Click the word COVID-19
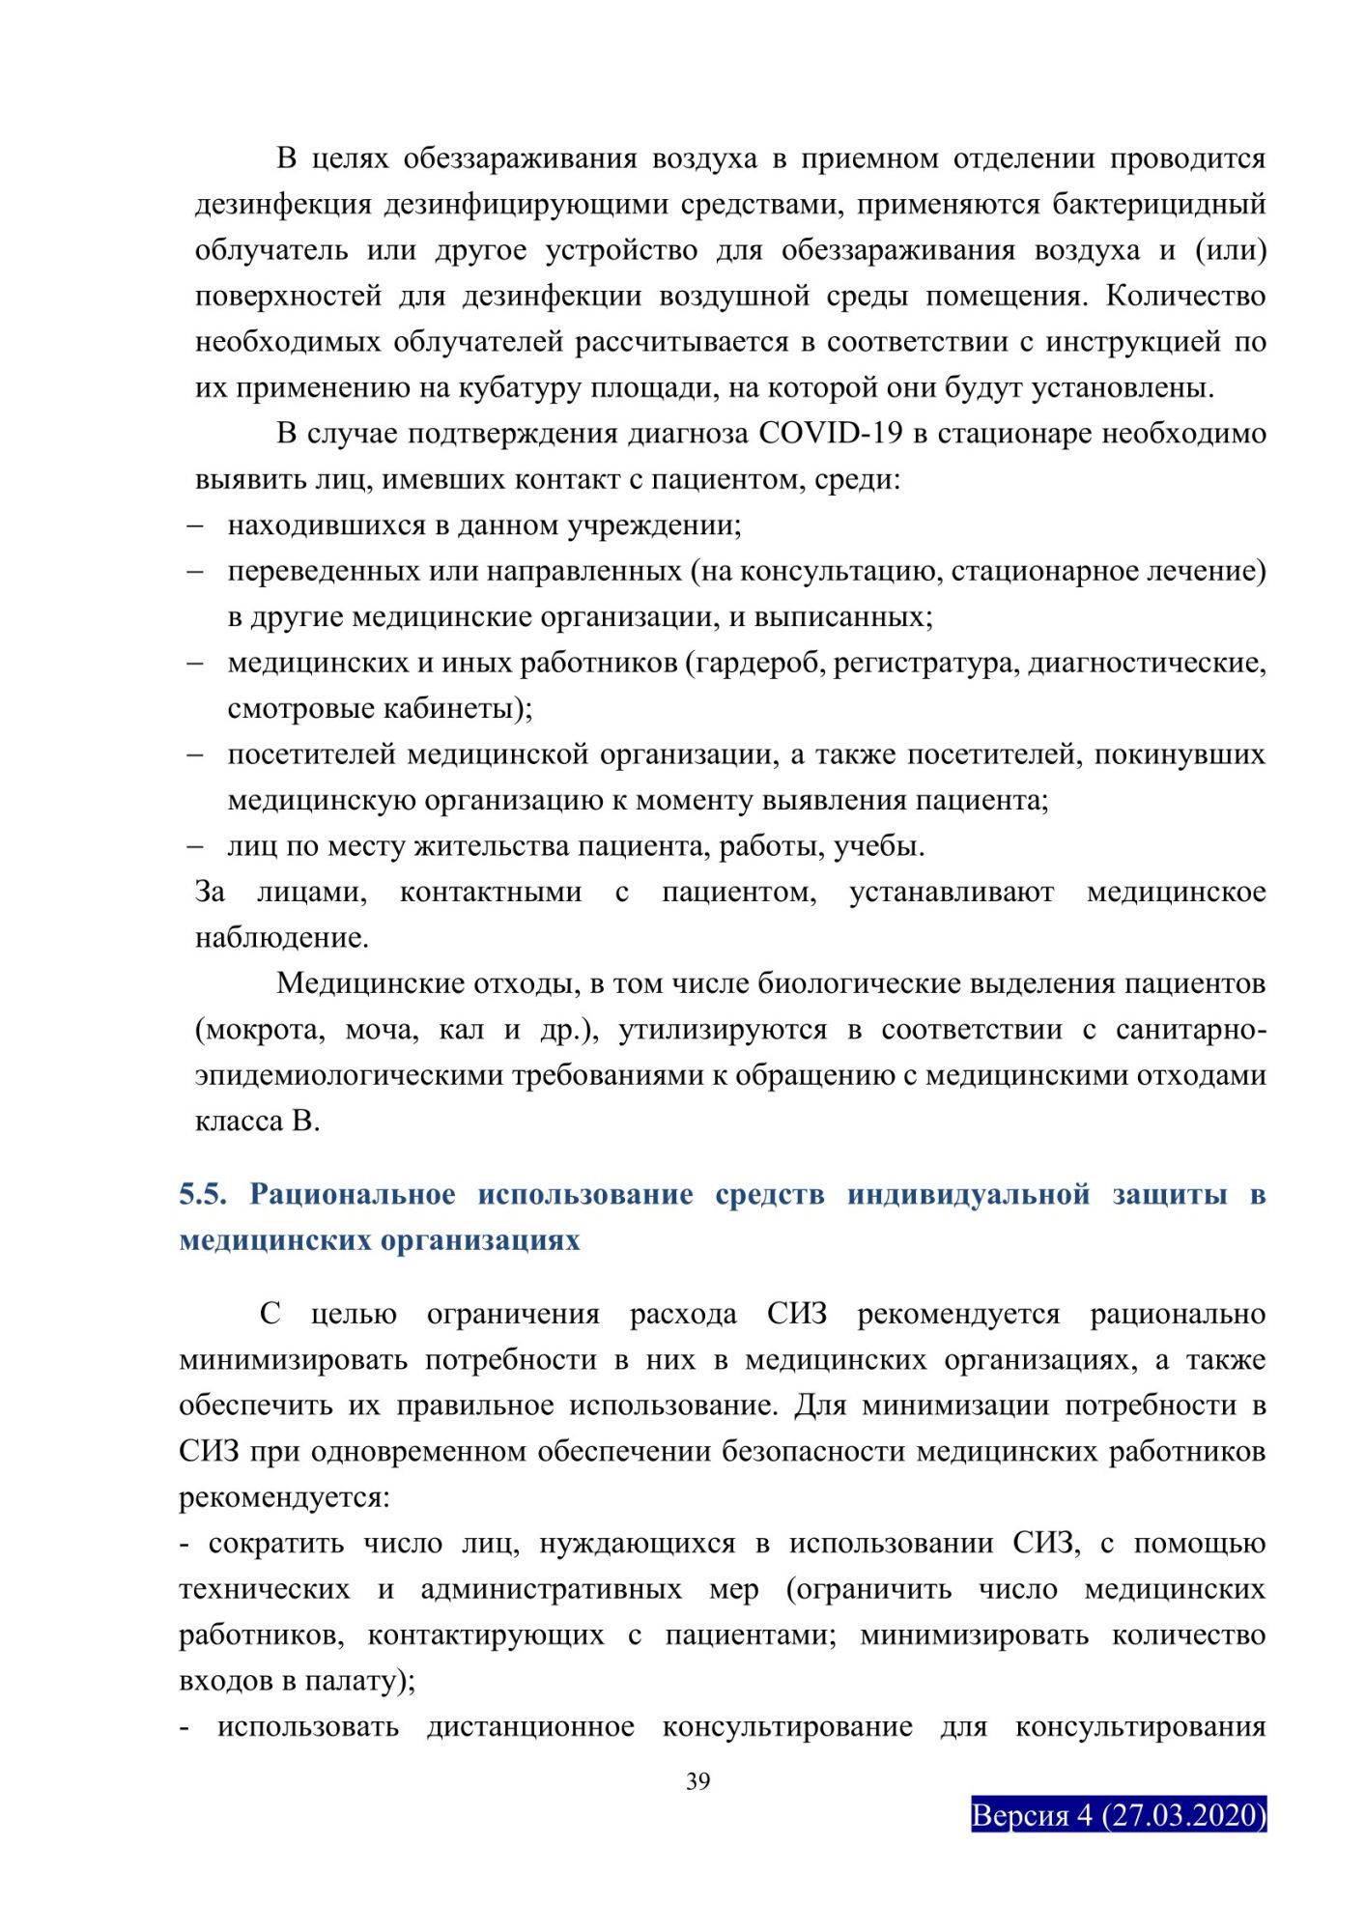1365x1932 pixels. pyautogui.click(x=830, y=434)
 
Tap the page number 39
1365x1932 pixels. pyautogui.click(x=698, y=1781)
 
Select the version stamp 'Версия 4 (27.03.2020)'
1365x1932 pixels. pyautogui.click(x=1119, y=1815)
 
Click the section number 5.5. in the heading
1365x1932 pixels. pyautogui.click(x=203, y=1195)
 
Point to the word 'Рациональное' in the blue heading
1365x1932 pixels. pyautogui.click(x=353, y=1195)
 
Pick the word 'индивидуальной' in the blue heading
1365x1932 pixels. pyautogui.click(x=968, y=1195)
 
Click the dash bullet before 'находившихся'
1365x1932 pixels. pyautogui.click(x=195, y=526)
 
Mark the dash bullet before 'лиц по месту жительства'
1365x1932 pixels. pyautogui.click(x=195, y=847)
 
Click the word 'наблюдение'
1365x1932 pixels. pyautogui.click(x=280, y=938)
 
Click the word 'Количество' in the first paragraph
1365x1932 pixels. pyautogui.click(x=1185, y=297)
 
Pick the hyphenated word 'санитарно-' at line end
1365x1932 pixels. pyautogui.click(x=1190, y=1031)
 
